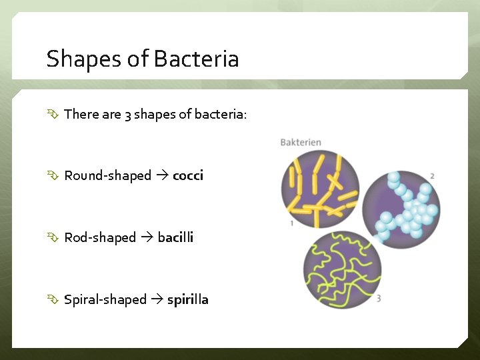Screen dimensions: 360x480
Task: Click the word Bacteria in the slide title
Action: (x=195, y=59)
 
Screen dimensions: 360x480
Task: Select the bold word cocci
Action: (x=187, y=176)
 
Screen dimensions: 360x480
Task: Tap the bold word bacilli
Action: (x=175, y=238)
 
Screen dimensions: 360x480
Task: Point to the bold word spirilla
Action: (x=187, y=300)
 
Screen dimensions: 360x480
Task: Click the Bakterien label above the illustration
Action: (x=301, y=142)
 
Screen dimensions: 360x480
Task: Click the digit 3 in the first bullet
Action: (x=127, y=115)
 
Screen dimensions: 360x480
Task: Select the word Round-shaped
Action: (x=108, y=176)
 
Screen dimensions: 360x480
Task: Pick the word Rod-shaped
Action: (x=100, y=238)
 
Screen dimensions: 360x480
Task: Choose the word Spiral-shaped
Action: (x=105, y=300)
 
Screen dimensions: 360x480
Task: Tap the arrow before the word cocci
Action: (x=162, y=176)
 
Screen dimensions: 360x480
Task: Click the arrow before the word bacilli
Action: (x=147, y=238)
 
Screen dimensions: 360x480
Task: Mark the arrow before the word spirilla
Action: (x=157, y=300)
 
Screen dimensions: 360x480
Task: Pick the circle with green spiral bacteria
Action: (x=342, y=270)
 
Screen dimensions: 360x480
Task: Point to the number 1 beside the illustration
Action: (x=291, y=223)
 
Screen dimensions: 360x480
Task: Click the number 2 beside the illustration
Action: (x=433, y=176)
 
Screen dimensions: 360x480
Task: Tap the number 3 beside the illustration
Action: (x=378, y=299)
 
